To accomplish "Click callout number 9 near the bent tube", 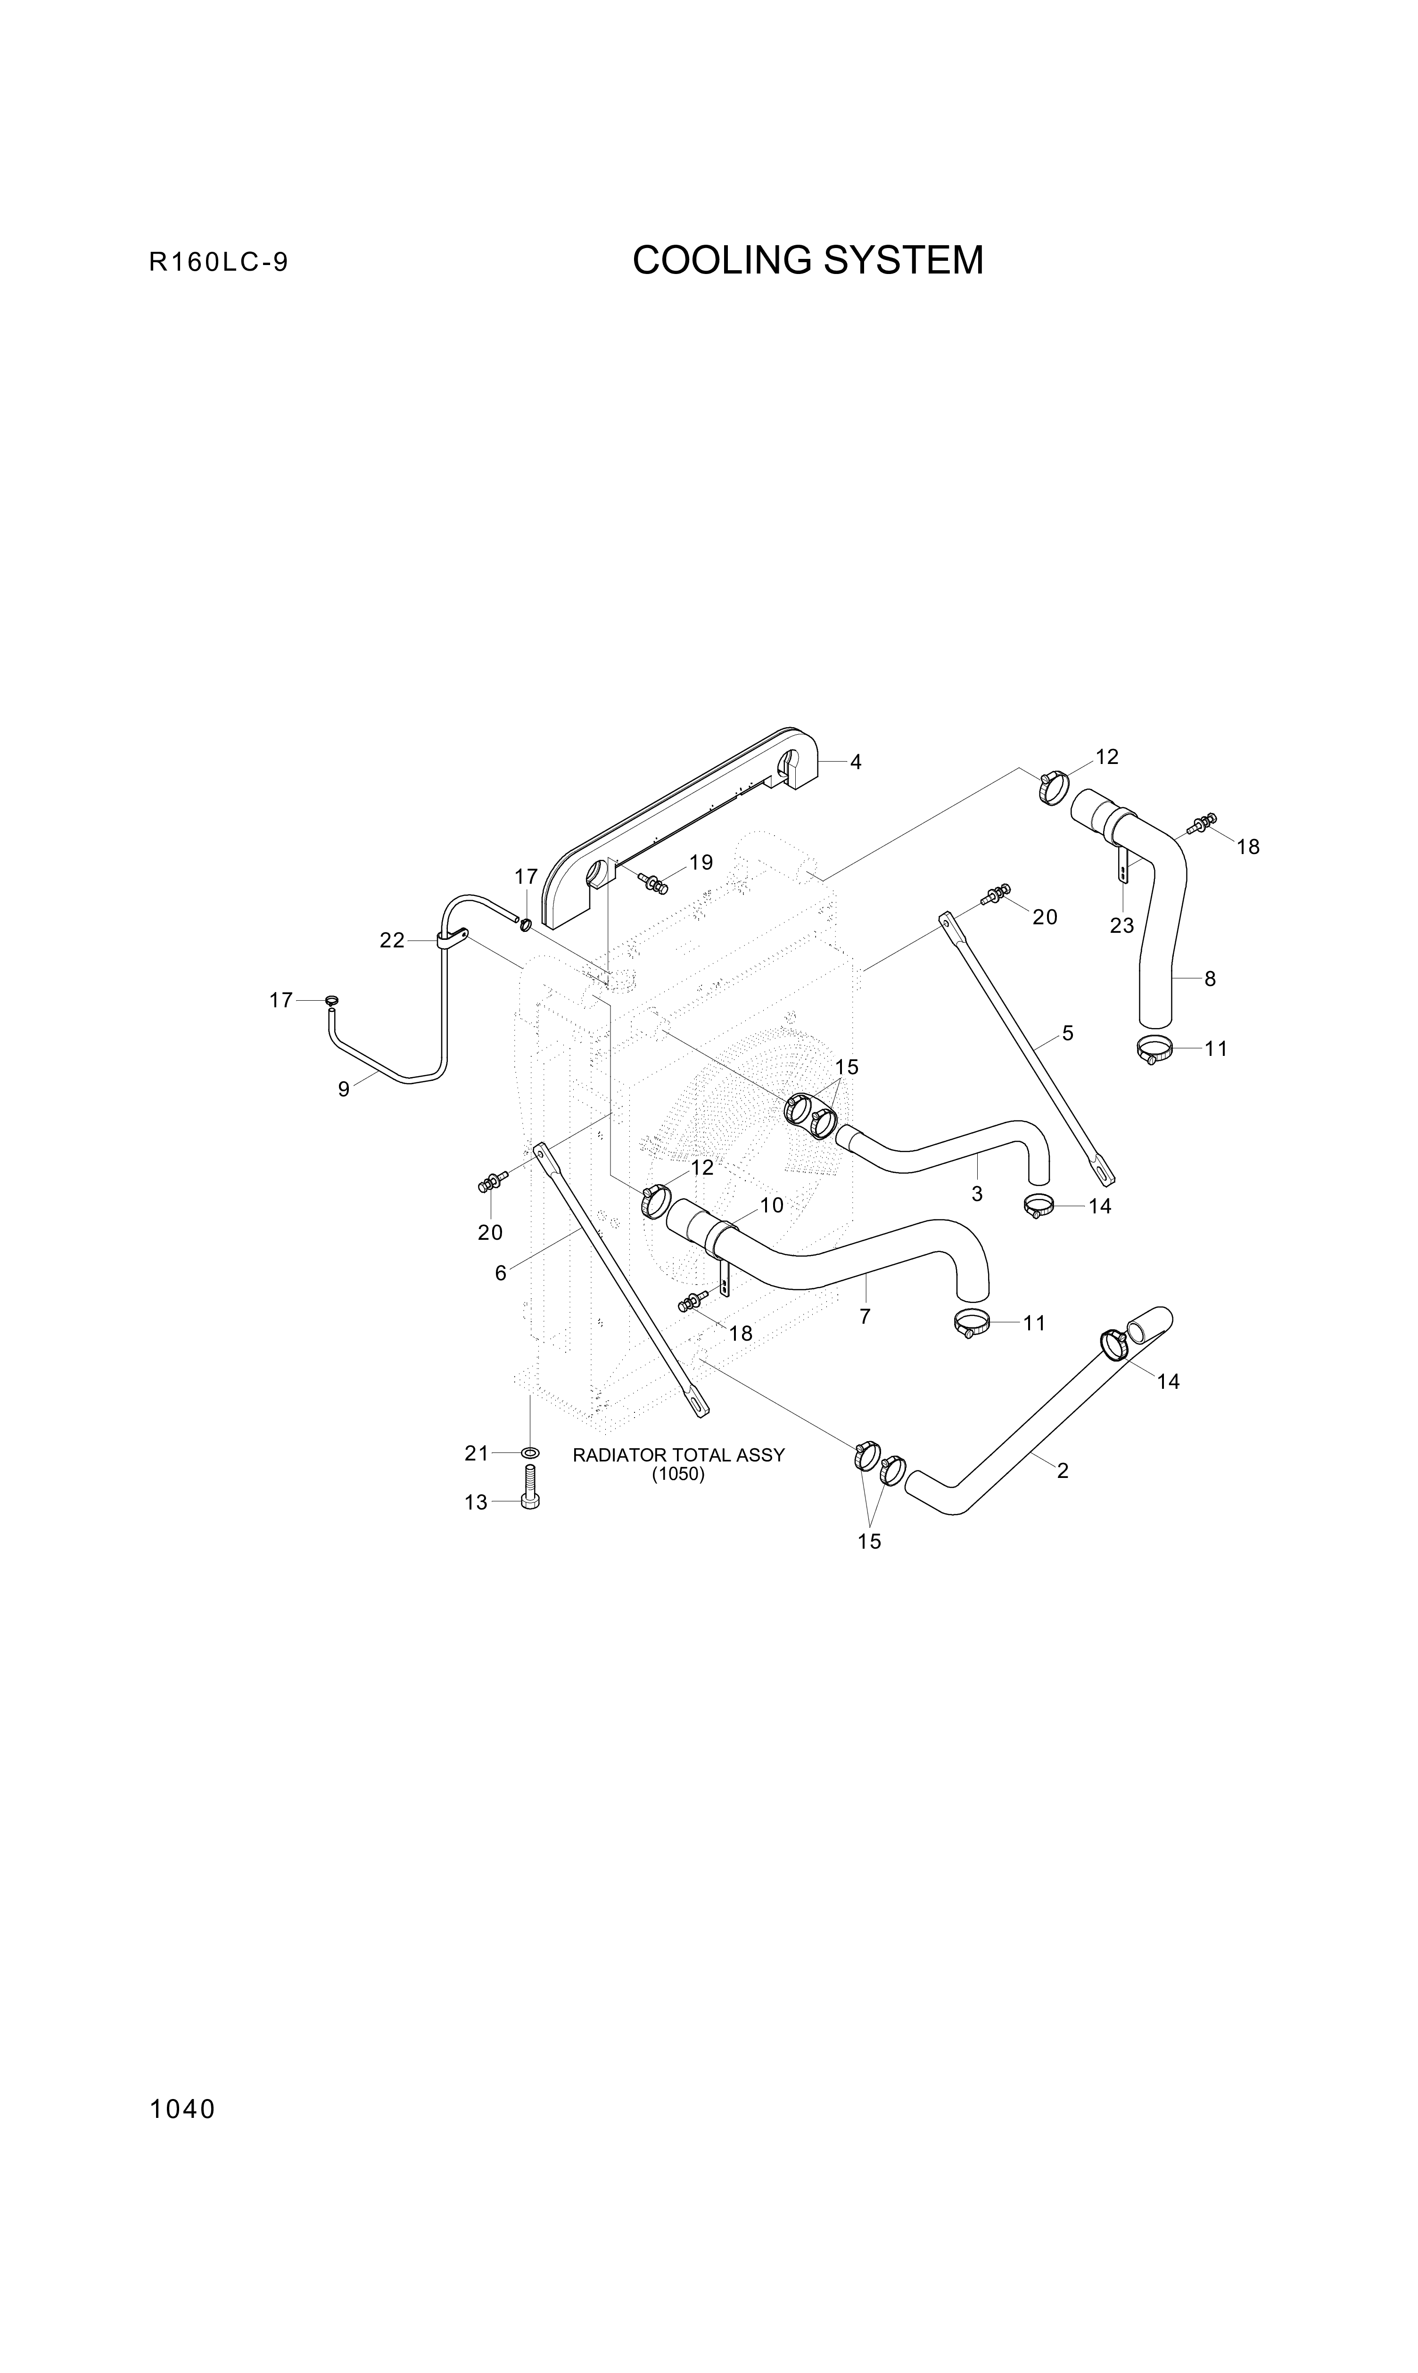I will tap(343, 1088).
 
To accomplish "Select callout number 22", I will tap(392, 940).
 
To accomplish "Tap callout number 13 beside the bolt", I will tap(476, 1502).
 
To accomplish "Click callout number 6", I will tap(501, 1273).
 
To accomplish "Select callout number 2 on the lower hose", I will tap(1063, 1471).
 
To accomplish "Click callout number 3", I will tap(977, 1194).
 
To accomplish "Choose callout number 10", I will tap(771, 1205).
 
